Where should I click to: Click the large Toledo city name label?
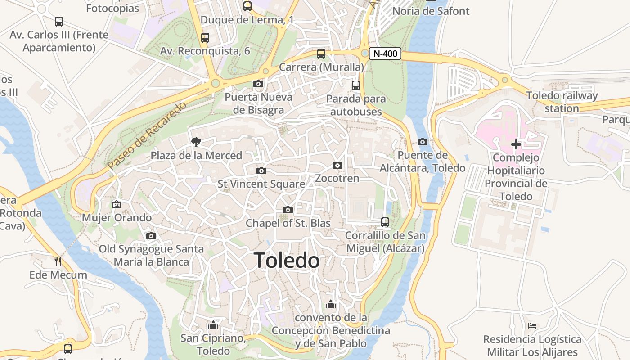(x=287, y=261)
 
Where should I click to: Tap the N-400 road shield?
(x=386, y=54)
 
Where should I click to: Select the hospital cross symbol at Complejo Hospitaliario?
(x=516, y=144)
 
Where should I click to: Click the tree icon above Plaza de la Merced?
(x=196, y=142)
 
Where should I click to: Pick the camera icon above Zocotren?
(x=337, y=166)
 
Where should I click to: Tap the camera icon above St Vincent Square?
(x=261, y=171)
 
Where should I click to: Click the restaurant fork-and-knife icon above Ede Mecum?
(x=58, y=261)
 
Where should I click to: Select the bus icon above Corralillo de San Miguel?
(x=385, y=222)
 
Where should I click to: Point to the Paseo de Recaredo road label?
(x=147, y=136)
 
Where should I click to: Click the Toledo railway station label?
(x=562, y=102)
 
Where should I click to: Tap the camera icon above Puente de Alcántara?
(x=423, y=142)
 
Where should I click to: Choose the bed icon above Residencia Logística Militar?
(x=532, y=325)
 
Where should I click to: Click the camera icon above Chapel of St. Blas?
(x=288, y=210)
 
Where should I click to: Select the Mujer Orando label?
(x=117, y=218)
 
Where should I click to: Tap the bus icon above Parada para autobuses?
(x=356, y=85)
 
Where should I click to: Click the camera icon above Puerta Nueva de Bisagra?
(x=258, y=84)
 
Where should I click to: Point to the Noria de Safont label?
(x=431, y=11)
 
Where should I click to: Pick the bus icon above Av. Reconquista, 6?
(x=205, y=38)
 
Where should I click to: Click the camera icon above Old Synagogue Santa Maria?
(x=151, y=236)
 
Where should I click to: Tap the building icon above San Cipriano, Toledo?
(x=213, y=324)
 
